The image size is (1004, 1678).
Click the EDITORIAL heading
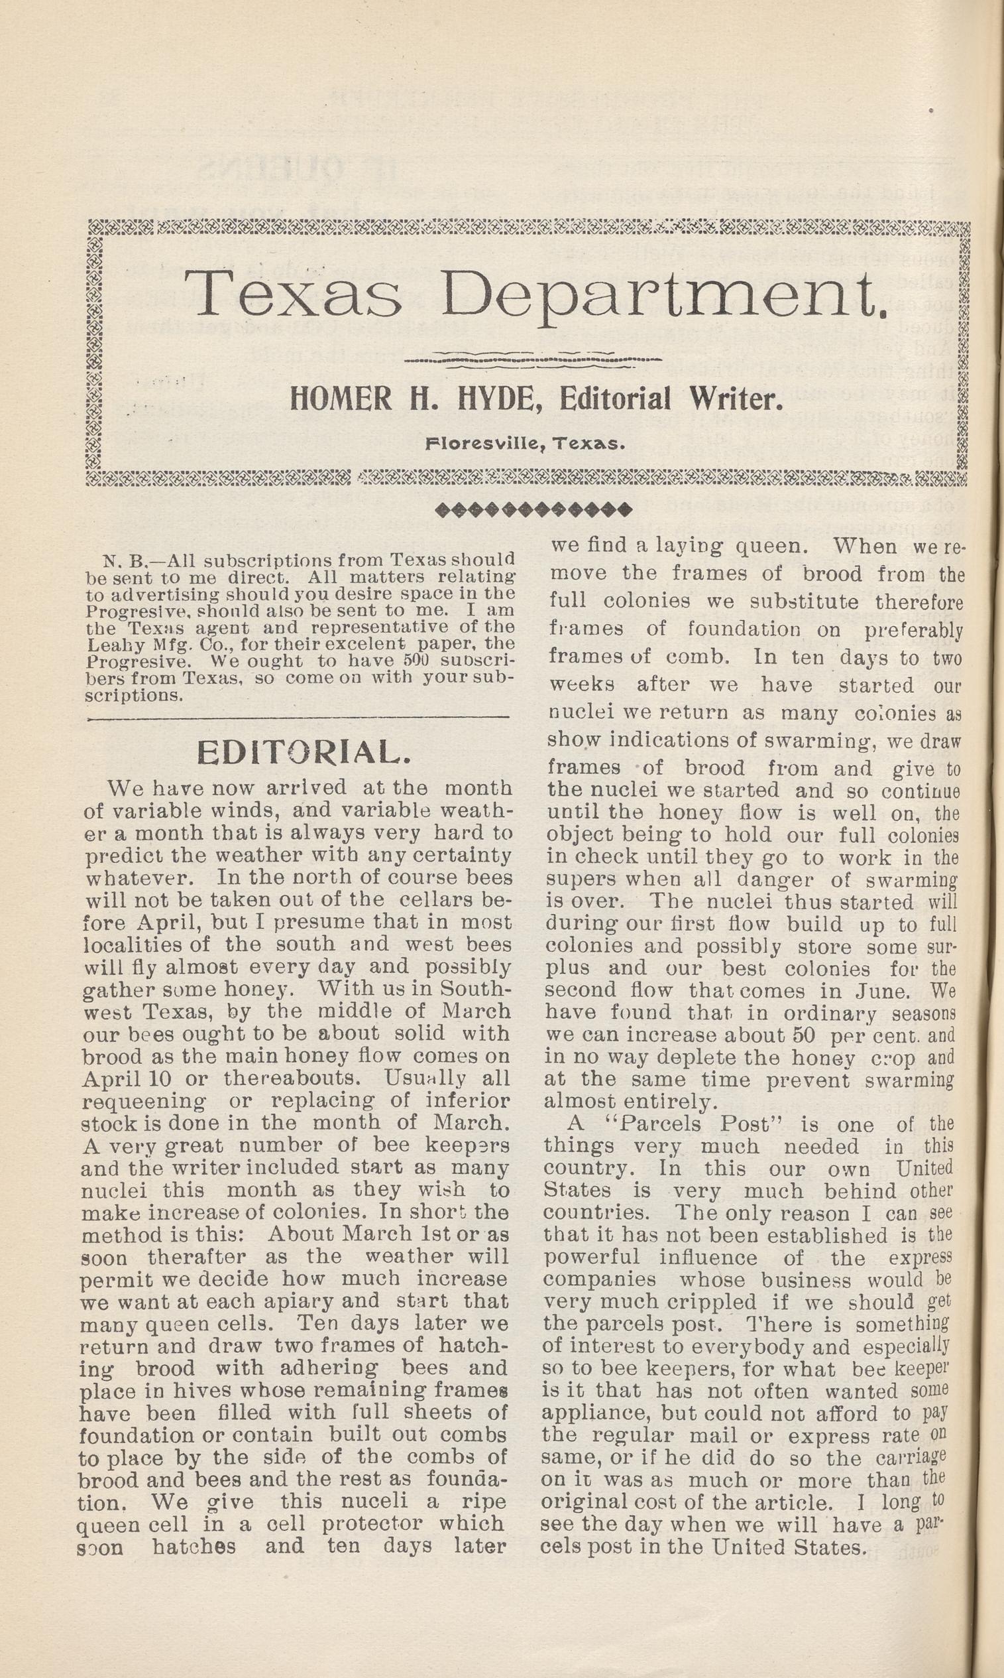pos(304,752)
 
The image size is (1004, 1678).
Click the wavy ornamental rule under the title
pos(532,359)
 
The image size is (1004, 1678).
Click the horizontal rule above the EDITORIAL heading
pos(298,717)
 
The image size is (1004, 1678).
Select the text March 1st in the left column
pos(354,1233)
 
